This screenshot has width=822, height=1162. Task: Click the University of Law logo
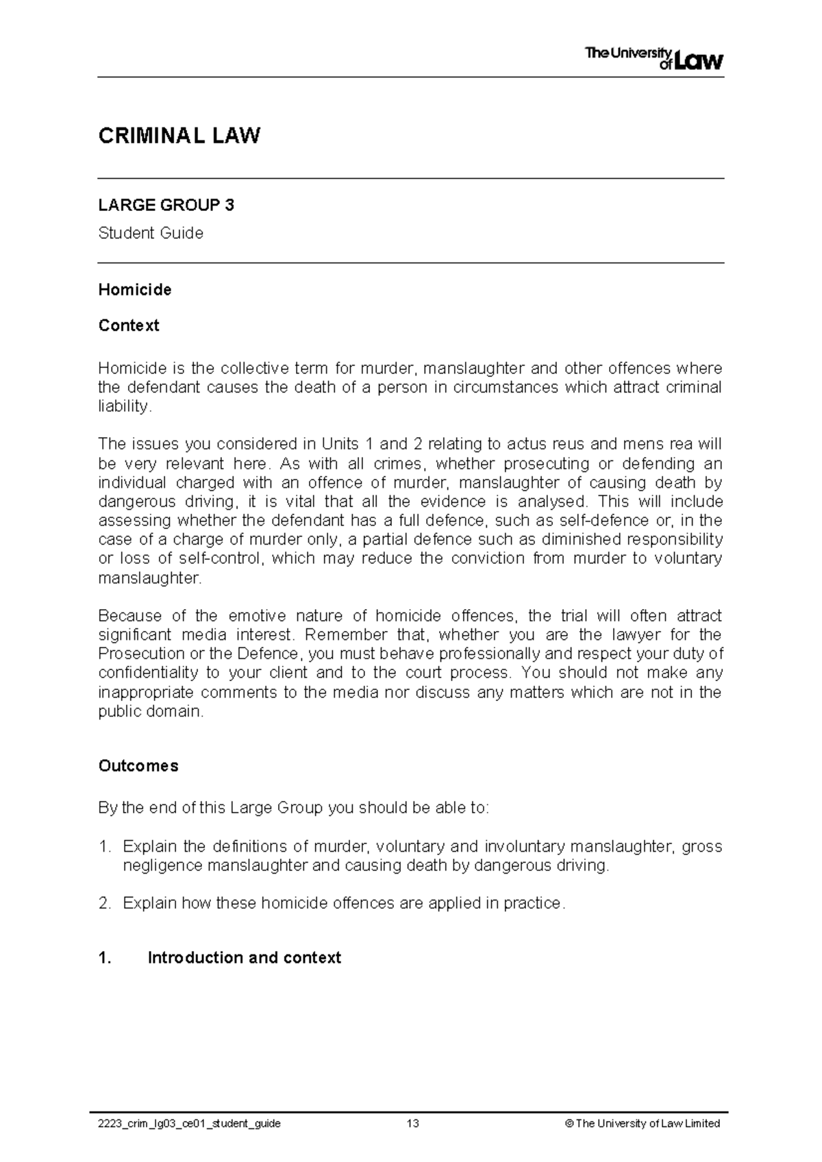coord(654,59)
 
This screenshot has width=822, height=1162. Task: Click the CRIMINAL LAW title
coord(179,136)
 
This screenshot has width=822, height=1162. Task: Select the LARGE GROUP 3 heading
coord(166,205)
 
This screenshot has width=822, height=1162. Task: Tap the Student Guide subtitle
coord(151,233)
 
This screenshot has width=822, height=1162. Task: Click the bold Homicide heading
coord(135,290)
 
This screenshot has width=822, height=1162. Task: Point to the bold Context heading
coord(129,325)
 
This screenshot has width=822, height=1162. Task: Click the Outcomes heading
coord(138,765)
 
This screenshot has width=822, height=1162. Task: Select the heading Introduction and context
coord(244,957)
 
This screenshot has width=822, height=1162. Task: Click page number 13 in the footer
coord(412,1124)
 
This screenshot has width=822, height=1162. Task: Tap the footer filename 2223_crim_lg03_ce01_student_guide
coord(190,1124)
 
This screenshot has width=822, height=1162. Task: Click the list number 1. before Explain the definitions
coord(104,847)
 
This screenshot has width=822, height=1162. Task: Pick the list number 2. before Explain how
coord(104,903)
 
